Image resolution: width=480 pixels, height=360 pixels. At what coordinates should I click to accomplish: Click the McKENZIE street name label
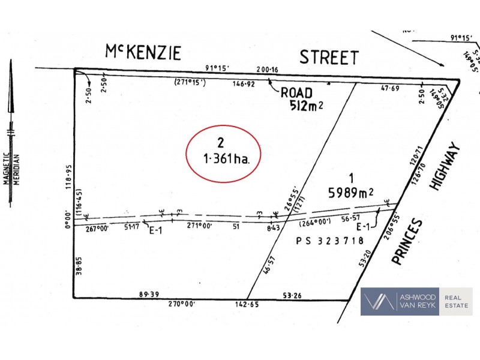pos(143,53)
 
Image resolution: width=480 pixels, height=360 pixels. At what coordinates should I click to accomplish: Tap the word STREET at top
pos(329,58)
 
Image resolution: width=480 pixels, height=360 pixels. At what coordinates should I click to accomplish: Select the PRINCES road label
pos(408,241)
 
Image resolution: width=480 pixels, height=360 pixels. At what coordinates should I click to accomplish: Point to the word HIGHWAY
pos(444,167)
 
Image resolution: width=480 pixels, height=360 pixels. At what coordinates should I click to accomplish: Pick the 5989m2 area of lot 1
pos(350,193)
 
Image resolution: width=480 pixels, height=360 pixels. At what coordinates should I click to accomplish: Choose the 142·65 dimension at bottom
pos(248,304)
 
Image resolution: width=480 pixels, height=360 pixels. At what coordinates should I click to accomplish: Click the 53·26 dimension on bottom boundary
pos(294,294)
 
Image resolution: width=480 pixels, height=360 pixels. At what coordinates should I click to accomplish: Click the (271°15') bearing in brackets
pos(190,82)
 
